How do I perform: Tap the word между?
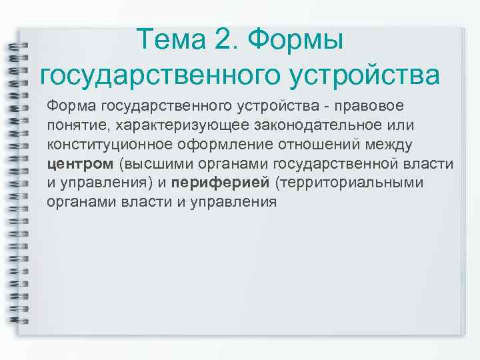(393, 145)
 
